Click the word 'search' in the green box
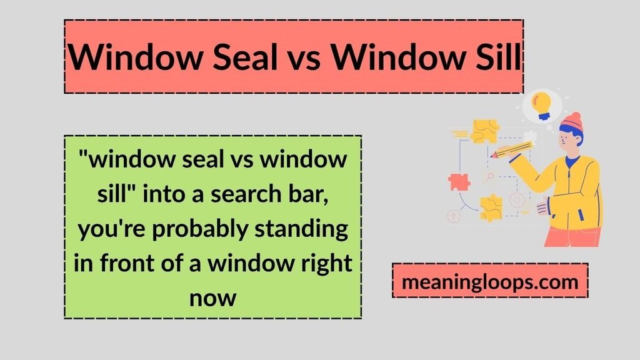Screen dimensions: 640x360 tap(246, 194)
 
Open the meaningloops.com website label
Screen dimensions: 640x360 tap(490, 281)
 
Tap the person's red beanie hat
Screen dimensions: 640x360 tap(572, 122)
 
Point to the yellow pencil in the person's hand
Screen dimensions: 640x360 tap(512, 150)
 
